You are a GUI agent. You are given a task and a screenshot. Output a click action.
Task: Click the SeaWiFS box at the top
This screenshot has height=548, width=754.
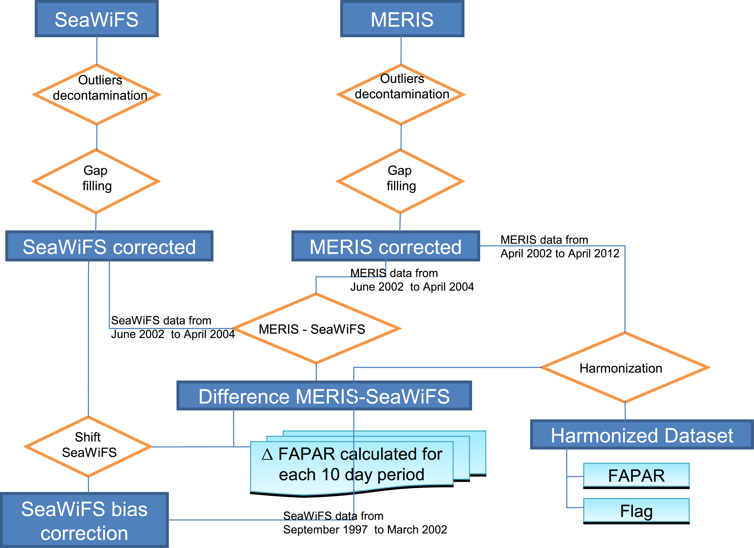97,19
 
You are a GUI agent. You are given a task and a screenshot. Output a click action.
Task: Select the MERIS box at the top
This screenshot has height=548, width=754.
402,19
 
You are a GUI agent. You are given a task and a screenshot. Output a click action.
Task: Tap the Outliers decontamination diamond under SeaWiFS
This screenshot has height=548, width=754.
97,95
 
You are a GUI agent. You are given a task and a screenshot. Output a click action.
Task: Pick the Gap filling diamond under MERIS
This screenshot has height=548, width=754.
400,181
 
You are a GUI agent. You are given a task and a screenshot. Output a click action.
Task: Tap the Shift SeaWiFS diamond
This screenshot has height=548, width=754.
88,446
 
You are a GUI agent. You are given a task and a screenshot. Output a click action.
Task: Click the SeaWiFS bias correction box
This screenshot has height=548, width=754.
84,520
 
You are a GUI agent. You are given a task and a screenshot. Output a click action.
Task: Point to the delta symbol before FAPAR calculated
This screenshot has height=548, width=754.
267,454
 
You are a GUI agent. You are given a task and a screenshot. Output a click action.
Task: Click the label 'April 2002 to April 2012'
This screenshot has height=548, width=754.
560,254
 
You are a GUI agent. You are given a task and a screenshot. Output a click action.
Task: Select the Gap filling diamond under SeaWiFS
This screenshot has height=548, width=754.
96,181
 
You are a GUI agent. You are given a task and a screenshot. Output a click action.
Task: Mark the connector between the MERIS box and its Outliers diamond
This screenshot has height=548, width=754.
401,51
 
